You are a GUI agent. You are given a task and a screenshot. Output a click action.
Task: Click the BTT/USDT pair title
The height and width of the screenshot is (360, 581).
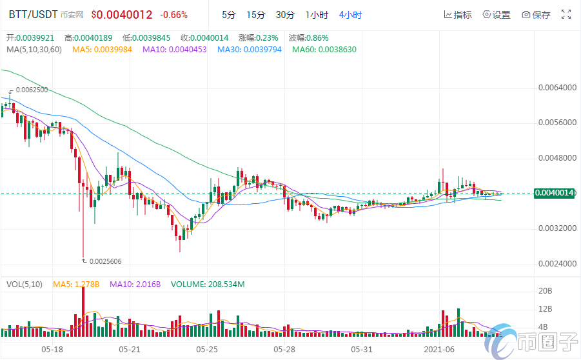[30, 14]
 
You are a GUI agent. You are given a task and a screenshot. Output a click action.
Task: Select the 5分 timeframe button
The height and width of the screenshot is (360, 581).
[228, 14]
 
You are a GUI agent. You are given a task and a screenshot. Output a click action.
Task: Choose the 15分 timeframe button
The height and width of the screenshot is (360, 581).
[255, 14]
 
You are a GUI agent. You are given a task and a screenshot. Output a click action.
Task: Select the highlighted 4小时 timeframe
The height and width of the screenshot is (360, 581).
[350, 14]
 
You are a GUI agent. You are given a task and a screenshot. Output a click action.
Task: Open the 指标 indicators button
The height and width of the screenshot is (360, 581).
[458, 14]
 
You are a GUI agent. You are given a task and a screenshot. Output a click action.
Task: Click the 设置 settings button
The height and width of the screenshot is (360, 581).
[497, 14]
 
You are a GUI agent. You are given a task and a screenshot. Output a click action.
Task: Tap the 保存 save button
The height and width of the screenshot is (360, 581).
[536, 14]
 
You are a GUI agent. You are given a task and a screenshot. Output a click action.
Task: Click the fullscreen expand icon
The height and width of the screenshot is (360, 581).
[566, 14]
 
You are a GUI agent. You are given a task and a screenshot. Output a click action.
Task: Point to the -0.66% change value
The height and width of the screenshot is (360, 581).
[174, 14]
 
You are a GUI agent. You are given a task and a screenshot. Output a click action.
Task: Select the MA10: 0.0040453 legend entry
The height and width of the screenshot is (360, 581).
[175, 49]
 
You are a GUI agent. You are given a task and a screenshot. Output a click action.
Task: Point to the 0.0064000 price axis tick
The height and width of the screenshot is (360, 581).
[556, 87]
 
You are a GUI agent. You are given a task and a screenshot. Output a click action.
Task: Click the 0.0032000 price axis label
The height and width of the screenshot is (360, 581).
[556, 228]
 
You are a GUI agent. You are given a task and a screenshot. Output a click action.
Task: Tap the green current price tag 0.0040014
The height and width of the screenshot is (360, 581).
[555, 193]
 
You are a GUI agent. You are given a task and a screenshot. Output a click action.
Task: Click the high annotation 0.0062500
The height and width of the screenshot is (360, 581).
[32, 90]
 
